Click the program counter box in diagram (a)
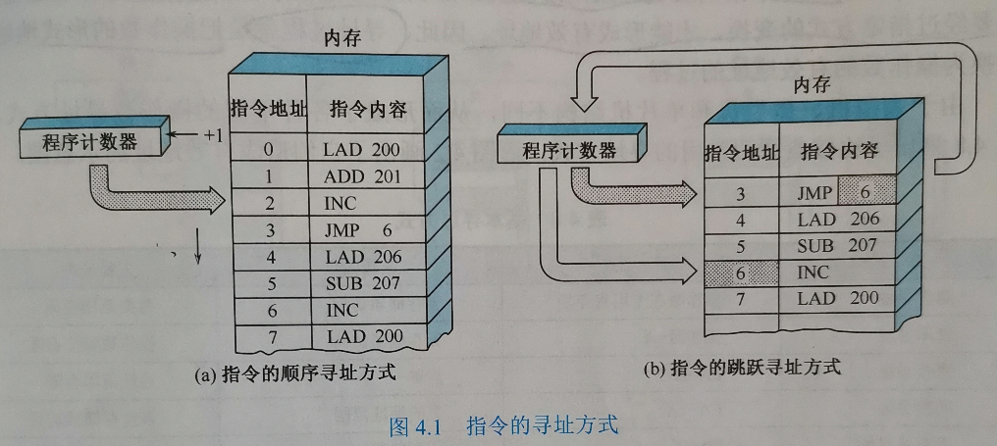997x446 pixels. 89,142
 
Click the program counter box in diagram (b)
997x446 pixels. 568,150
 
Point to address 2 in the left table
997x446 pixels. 268,204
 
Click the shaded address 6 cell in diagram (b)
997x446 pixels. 741,272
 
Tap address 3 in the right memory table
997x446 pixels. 741,193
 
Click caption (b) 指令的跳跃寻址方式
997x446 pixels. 742,370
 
